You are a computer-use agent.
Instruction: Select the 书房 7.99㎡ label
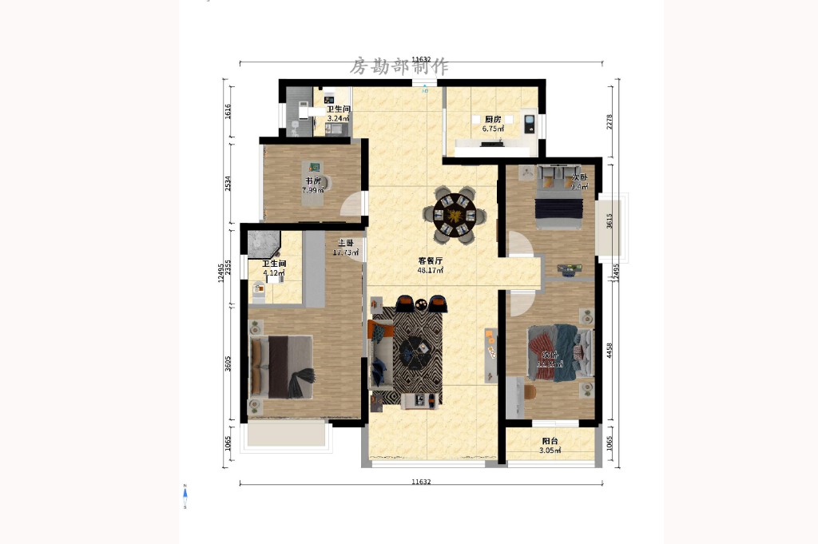point(312,185)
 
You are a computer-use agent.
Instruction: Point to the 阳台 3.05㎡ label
point(550,446)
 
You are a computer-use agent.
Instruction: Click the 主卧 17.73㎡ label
point(346,248)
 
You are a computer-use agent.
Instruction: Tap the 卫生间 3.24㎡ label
point(338,113)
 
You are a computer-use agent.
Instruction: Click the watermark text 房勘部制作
point(399,66)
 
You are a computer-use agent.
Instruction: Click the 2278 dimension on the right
point(610,121)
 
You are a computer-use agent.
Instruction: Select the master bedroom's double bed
point(281,367)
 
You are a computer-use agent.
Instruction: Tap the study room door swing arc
point(351,206)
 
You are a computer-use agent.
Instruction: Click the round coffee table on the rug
point(415,349)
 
